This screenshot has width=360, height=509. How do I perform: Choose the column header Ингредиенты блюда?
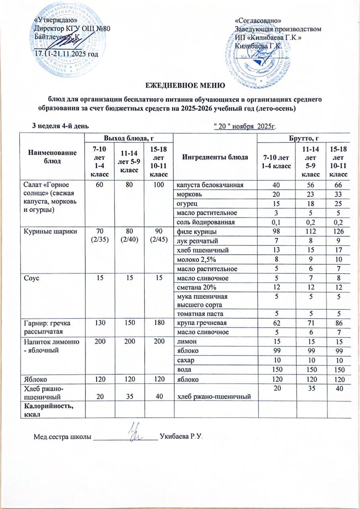coord(215,157)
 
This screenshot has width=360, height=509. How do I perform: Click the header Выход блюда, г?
coord(129,138)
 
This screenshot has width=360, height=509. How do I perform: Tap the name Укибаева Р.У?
coord(181,437)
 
